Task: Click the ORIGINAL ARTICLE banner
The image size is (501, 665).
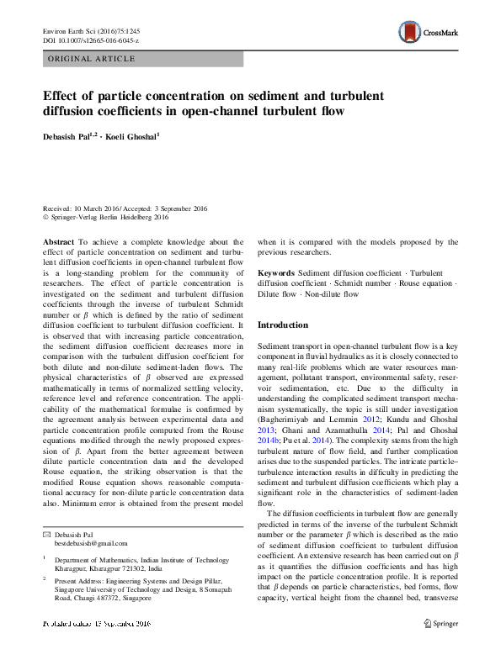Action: point(93,59)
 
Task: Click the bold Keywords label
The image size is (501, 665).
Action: point(276,273)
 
